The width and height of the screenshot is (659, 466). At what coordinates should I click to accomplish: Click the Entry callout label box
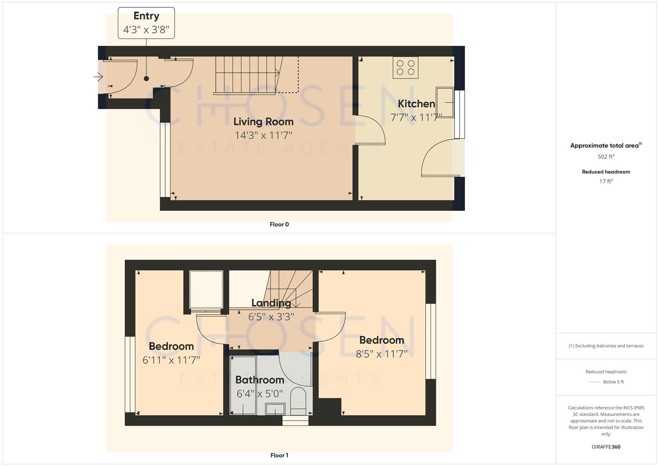[146, 23]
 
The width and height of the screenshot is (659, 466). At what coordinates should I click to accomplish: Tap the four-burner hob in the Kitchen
[405, 68]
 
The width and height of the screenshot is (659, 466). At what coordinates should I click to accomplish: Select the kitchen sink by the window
[445, 102]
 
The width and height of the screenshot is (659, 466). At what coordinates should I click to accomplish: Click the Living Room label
[263, 122]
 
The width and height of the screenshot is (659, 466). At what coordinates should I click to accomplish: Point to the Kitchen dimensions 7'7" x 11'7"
[416, 117]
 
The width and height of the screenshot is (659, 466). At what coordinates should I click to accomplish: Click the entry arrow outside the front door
[98, 77]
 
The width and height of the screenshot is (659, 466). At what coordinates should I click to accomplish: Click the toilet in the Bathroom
[298, 400]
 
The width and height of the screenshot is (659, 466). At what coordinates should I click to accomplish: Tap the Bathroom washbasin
[275, 408]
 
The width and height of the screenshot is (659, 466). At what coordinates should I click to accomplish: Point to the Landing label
[271, 303]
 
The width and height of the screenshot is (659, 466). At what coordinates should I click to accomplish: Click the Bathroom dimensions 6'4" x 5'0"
[260, 394]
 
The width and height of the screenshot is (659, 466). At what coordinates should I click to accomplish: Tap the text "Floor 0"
[279, 224]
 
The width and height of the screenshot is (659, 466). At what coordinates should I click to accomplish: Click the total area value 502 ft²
[606, 157]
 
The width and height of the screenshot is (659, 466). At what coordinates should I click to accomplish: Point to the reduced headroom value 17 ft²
[606, 181]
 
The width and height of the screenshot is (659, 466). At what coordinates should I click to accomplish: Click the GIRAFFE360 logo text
[606, 447]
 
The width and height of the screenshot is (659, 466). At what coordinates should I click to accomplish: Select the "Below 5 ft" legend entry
[613, 382]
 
